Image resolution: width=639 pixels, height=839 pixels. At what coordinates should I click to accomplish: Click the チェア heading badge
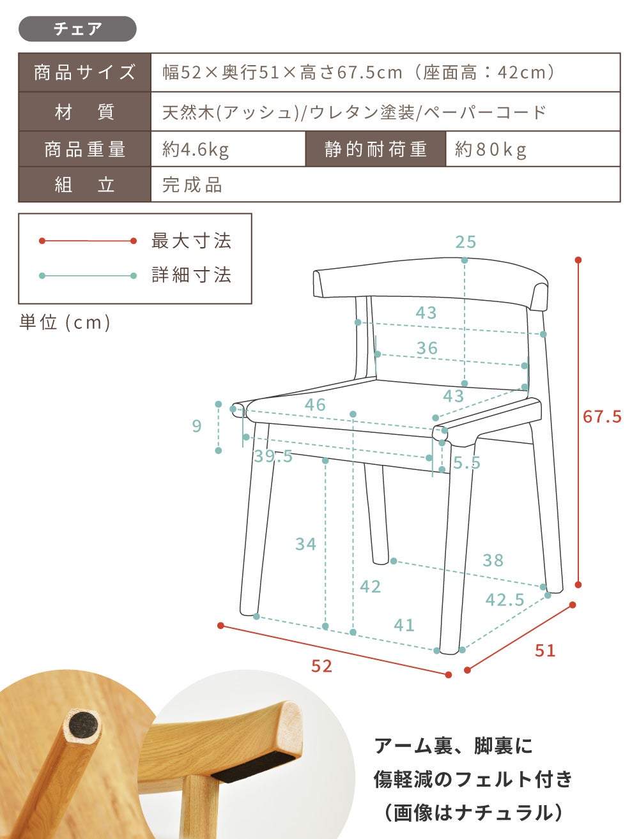tap(77, 29)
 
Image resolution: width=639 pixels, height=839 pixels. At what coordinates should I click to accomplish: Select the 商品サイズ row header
tap(84, 72)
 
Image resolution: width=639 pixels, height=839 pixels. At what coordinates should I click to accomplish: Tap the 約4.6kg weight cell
tap(228, 149)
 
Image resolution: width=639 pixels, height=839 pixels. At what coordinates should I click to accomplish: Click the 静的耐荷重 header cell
tap(376, 149)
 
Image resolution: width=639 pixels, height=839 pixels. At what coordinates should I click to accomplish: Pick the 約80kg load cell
tap(533, 149)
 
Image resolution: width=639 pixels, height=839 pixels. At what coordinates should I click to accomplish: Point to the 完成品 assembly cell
tap(385, 185)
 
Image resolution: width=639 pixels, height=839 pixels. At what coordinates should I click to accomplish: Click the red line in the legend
tap(88, 241)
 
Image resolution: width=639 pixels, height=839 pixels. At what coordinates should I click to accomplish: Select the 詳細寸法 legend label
tap(192, 275)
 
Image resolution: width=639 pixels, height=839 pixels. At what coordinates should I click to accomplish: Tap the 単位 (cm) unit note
tap(65, 322)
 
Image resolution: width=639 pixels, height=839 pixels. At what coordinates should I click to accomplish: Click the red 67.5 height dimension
tap(602, 416)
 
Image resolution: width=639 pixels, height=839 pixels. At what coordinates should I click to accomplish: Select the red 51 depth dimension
tap(545, 650)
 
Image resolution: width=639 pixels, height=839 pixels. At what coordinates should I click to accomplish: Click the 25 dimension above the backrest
tap(466, 242)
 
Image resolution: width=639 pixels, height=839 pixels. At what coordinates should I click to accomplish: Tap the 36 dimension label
tap(427, 348)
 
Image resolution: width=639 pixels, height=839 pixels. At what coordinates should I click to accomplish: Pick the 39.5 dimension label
tap(273, 457)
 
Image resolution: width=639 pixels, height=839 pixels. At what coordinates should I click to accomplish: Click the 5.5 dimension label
tap(467, 463)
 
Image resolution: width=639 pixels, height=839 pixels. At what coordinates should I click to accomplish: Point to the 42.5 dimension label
tap(505, 600)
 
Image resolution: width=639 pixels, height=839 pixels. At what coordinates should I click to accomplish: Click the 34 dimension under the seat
tap(305, 544)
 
